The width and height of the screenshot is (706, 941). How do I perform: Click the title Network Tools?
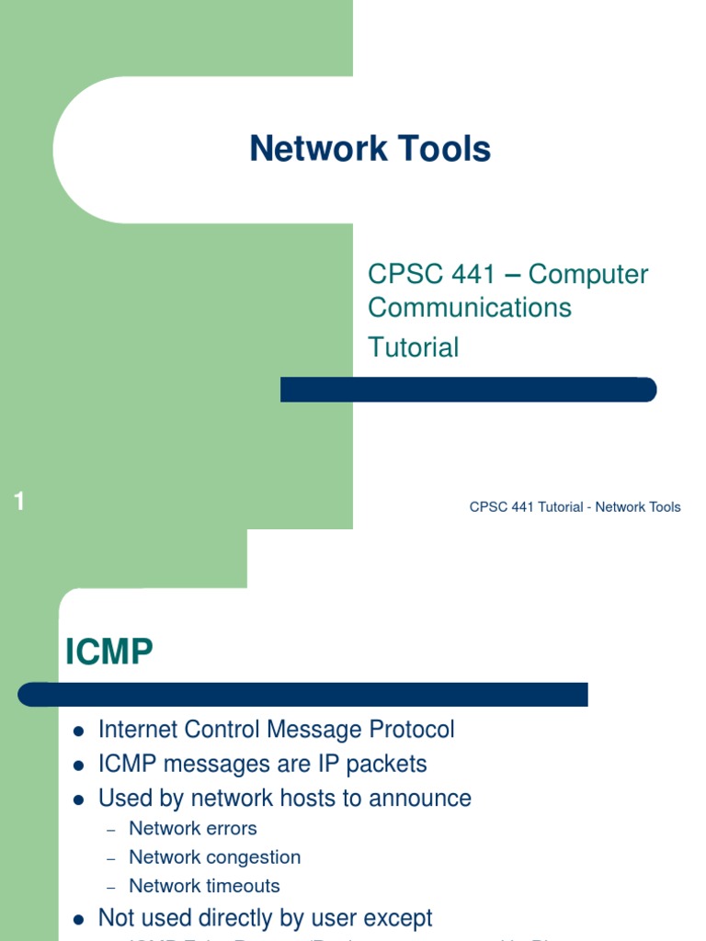click(370, 149)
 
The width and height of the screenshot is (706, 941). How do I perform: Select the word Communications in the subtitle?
click(470, 307)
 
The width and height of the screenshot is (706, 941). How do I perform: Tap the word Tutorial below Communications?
click(413, 347)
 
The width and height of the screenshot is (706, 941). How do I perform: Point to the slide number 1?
click(19, 502)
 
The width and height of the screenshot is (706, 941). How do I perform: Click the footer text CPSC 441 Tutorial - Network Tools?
click(575, 507)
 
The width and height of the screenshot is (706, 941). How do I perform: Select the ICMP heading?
click(108, 652)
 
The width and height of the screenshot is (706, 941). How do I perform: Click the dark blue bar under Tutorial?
click(468, 390)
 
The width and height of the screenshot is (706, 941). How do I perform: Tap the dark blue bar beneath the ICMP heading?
click(303, 694)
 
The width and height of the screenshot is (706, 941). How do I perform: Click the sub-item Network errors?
click(193, 828)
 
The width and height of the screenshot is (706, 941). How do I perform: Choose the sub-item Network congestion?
click(214, 857)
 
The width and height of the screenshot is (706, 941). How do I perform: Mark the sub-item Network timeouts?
click(204, 886)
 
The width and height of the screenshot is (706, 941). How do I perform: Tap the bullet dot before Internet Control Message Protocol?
click(78, 731)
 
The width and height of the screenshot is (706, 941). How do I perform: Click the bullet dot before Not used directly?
click(78, 919)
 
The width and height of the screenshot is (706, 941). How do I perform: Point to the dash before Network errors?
click(111, 829)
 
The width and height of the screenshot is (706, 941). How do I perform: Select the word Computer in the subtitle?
click(588, 274)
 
